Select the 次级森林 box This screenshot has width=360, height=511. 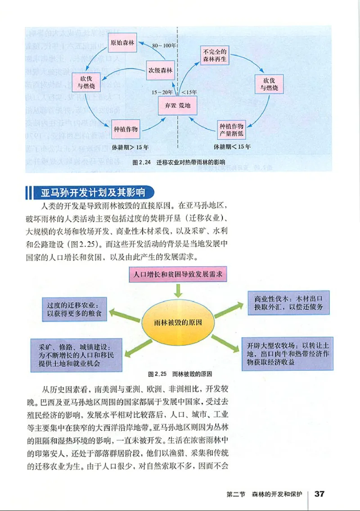point(161,70)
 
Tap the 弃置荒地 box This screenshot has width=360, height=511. point(178,106)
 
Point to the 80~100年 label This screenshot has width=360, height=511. point(163,46)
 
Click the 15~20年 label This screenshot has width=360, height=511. point(162,92)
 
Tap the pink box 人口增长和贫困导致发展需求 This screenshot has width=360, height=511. point(178,274)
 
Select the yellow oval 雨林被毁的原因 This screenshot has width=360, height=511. point(178,324)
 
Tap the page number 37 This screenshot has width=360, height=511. point(319,493)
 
